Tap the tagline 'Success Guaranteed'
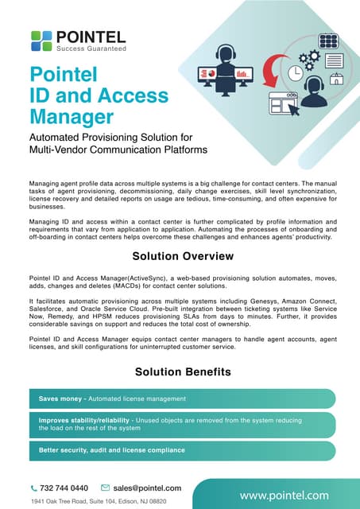(96, 48)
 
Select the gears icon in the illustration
(311, 57)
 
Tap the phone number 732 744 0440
(64, 488)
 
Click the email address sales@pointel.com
(147, 488)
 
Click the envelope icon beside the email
(105, 488)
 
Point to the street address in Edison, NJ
(99, 502)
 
